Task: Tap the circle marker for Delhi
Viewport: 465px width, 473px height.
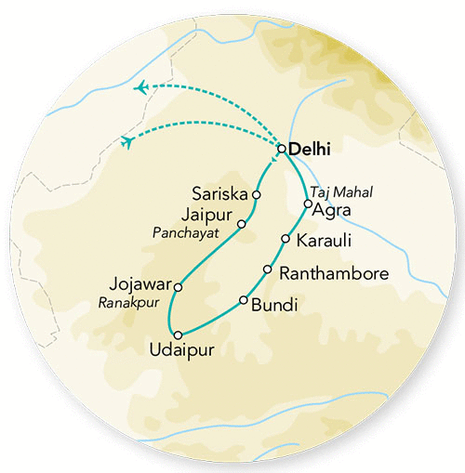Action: pos(281,148)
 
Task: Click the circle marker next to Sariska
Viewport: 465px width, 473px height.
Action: pos(257,195)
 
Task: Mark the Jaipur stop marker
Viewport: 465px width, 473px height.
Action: pos(242,224)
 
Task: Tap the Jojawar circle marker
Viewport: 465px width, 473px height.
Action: pos(178,287)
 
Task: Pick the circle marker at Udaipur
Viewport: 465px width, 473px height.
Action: pos(175,334)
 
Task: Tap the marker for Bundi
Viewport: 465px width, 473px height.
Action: pos(244,300)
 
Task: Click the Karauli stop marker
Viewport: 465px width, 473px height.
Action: pos(285,240)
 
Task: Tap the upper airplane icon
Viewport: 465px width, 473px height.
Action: pos(140,87)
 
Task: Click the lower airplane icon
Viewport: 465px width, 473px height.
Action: pos(126,141)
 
